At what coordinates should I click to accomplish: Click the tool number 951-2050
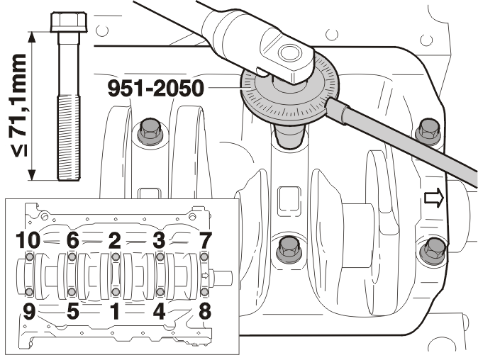tap(156, 89)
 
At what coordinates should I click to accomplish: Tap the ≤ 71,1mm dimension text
tap(18, 106)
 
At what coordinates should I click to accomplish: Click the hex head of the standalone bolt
tap(69, 22)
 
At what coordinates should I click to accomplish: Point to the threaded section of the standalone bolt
tap(69, 137)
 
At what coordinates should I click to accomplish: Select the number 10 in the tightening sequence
tap(28, 240)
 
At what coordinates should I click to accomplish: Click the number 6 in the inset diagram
tap(73, 240)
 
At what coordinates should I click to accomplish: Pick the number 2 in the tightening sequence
tap(115, 240)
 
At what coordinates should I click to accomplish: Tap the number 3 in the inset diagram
tap(159, 240)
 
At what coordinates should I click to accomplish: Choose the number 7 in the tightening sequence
tap(205, 240)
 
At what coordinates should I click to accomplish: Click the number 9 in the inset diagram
tap(29, 311)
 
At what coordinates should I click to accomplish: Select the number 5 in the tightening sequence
tap(73, 311)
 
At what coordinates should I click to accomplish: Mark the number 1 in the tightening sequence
tap(115, 311)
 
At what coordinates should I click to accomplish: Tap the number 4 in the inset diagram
tap(159, 311)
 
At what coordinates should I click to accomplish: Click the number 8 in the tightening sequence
tap(205, 311)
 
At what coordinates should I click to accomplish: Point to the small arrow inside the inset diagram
tap(206, 276)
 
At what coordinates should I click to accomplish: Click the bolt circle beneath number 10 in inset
tap(30, 257)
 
